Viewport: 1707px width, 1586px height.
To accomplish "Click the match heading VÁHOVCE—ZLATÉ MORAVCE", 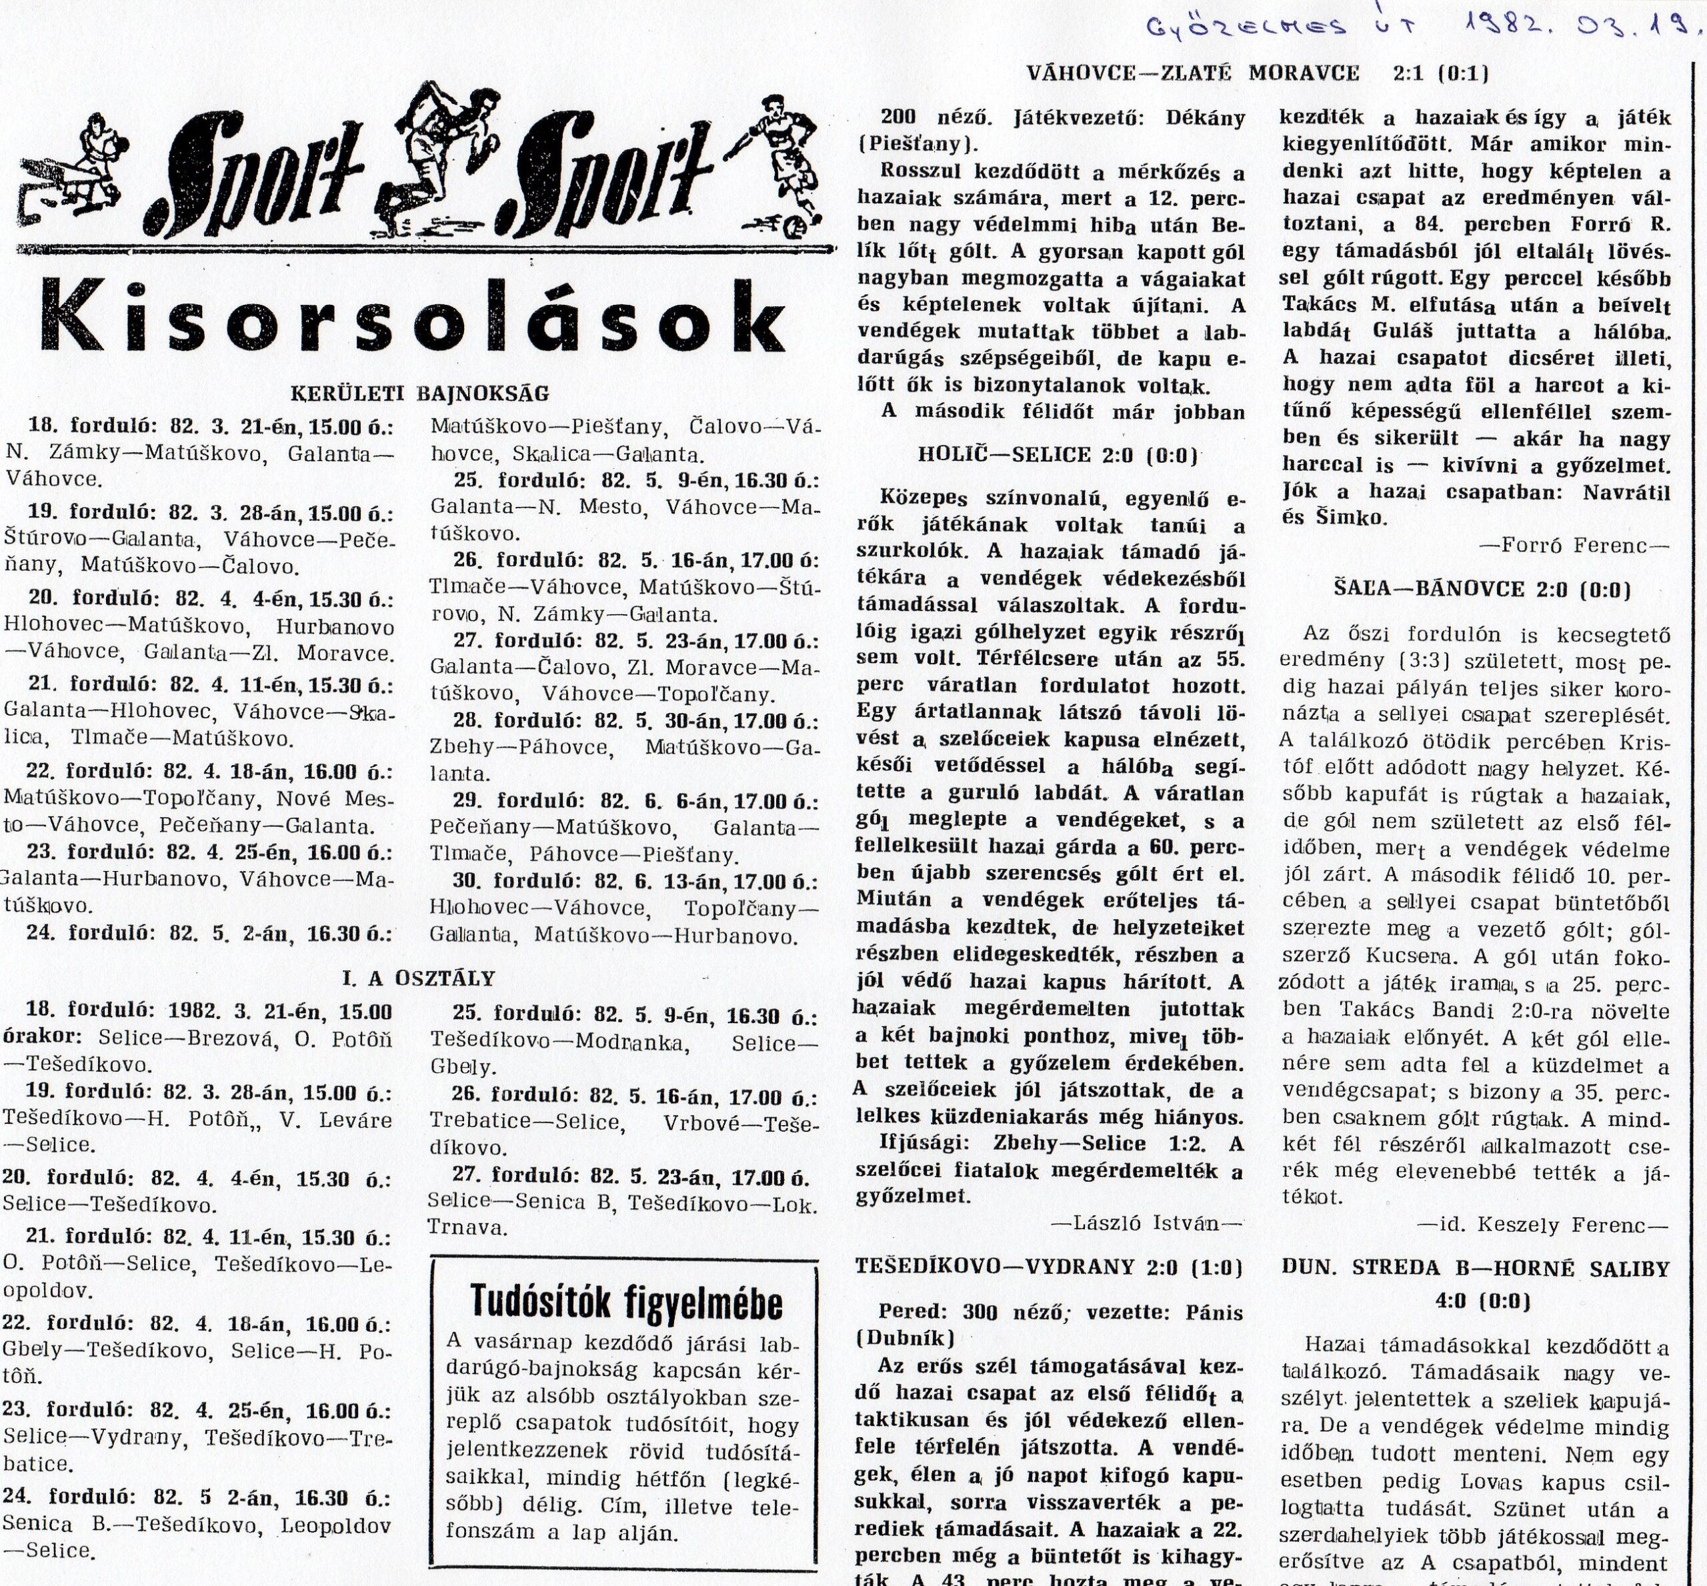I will coord(1194,73).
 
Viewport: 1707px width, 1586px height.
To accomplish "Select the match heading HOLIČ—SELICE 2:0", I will coord(1058,456).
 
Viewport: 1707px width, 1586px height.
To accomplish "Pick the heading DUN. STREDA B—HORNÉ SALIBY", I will coord(1477,1267).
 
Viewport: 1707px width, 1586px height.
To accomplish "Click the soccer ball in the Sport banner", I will coord(795,229).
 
